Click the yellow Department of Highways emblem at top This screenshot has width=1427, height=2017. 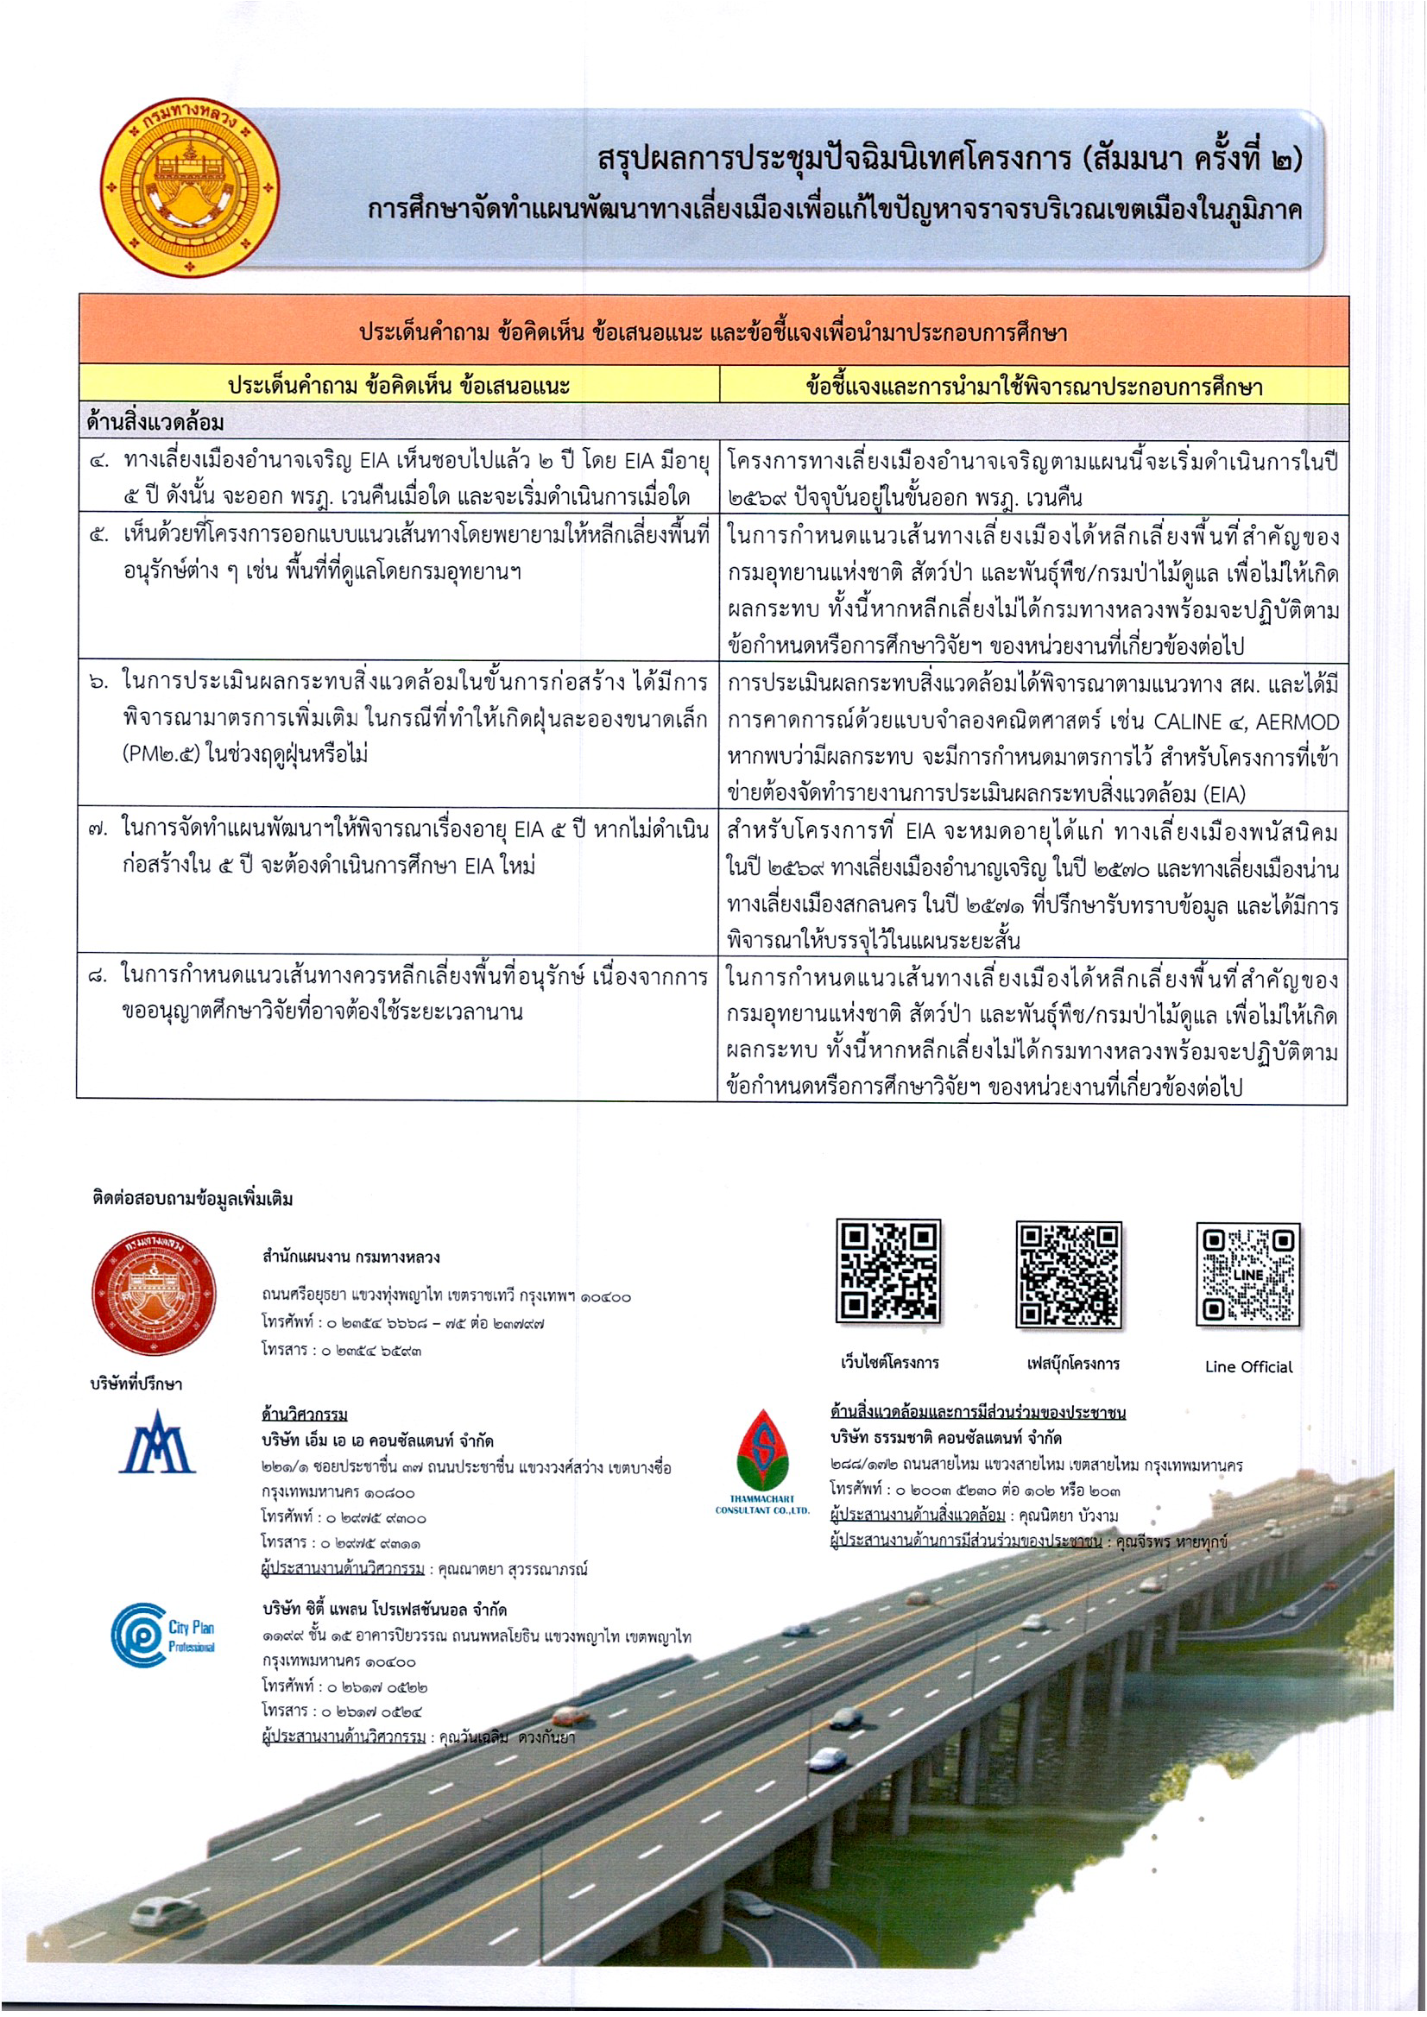(191, 187)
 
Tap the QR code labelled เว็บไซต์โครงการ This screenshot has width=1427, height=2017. (889, 1270)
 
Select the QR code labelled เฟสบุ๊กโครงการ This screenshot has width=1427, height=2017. (1069, 1273)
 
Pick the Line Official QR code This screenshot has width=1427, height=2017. (1247, 1274)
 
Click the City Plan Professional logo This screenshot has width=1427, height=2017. (163, 1635)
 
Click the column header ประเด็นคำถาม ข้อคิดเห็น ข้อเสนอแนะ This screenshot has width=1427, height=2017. (399, 386)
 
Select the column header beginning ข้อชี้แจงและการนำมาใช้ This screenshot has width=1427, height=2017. (1033, 386)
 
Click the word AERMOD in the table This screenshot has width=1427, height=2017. (1297, 722)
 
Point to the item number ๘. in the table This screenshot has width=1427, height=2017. (98, 976)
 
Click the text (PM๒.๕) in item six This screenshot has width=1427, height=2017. (161, 753)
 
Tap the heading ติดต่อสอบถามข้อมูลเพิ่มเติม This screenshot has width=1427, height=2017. (192, 1199)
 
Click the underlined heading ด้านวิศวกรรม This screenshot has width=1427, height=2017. (304, 1414)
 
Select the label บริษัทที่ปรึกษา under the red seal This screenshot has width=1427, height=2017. (136, 1384)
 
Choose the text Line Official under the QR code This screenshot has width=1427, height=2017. (1248, 1366)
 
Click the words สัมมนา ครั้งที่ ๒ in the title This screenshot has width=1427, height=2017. (1190, 159)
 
